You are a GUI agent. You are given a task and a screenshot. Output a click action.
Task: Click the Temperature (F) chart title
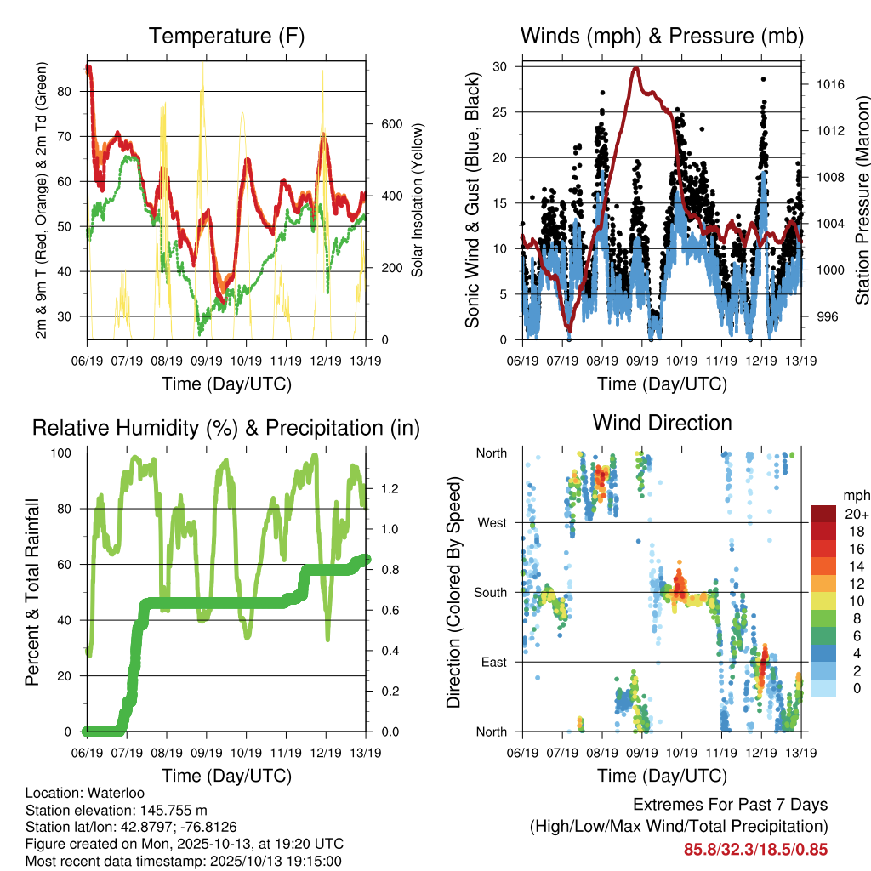225,36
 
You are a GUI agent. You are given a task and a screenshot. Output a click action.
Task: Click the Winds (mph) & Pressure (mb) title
662,36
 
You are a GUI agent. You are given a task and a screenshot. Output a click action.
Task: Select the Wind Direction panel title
662,423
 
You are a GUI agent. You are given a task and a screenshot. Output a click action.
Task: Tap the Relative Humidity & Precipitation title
225,428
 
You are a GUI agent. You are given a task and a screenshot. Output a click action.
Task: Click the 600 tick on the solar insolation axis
390,123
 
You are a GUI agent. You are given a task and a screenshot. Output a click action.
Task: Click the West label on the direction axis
492,522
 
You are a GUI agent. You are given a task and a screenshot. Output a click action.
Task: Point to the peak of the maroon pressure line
635,68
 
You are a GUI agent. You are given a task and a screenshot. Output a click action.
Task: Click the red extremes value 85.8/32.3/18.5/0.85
755,849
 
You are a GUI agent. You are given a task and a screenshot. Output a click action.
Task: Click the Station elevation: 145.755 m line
117,810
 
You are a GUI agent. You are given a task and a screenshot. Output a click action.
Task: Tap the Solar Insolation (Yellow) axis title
418,200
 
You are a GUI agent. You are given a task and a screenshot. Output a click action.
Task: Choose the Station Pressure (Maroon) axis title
862,200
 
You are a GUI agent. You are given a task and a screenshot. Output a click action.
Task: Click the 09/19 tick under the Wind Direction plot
641,753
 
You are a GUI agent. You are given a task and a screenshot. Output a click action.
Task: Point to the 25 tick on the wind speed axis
501,111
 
